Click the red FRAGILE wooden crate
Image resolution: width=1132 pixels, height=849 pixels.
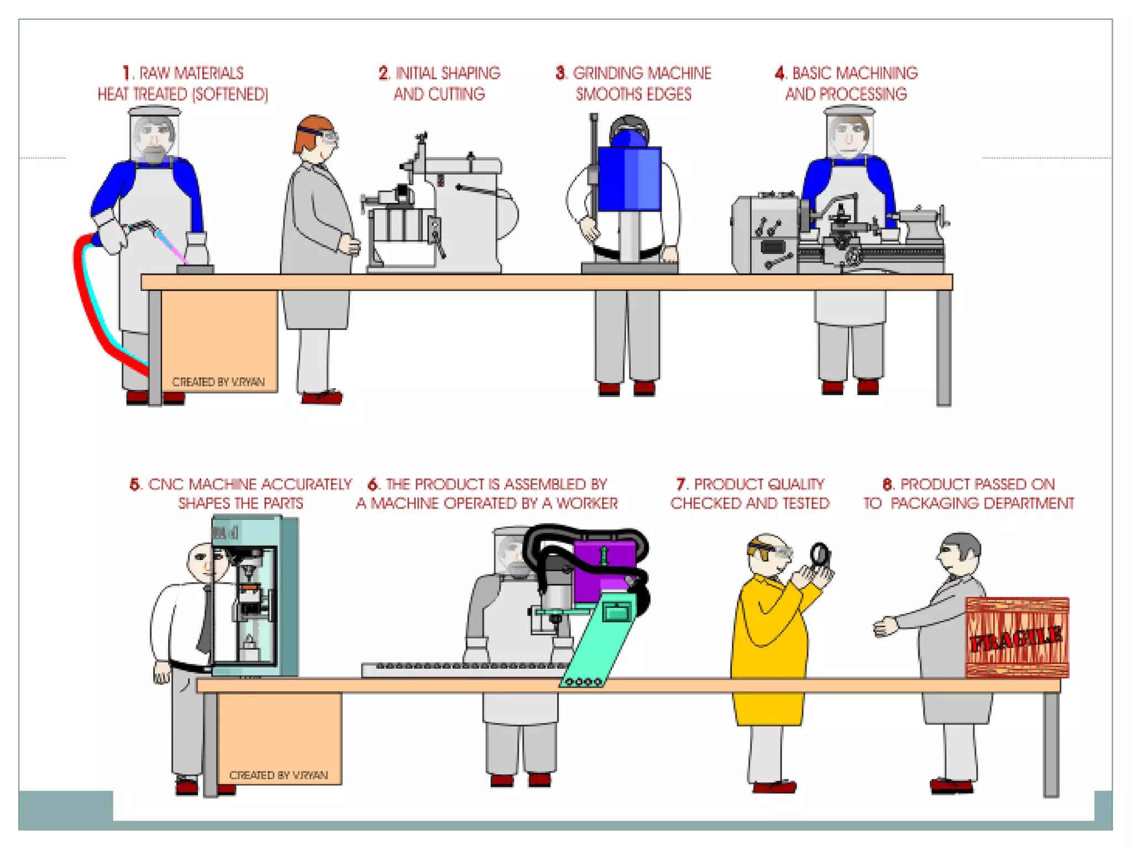coord(1017,637)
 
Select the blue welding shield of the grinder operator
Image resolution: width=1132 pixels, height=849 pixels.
coord(630,178)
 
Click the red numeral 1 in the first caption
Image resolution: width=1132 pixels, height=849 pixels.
coord(128,73)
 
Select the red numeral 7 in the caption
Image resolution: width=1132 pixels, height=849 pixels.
coord(681,484)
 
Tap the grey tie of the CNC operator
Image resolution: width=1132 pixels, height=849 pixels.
coord(205,619)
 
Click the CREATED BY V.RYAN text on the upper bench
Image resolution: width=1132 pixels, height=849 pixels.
coord(218,382)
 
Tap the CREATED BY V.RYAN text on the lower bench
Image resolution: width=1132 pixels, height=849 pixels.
coord(279,775)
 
